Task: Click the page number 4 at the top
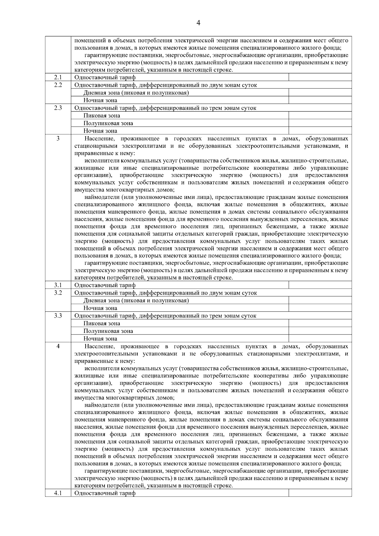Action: [x=198, y=22]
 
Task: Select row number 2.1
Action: [x=58, y=77]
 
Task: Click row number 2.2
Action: [x=58, y=85]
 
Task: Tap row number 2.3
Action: [x=58, y=108]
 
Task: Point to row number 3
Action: [x=58, y=138]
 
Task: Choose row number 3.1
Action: [x=58, y=285]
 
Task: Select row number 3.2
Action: [x=58, y=292]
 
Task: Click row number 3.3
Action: [x=58, y=316]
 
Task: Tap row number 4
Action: [x=58, y=346]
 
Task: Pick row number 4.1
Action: [x=58, y=493]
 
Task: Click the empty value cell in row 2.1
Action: [x=320, y=77]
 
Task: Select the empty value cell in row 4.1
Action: [x=320, y=493]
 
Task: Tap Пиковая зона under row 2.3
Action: [x=102, y=116]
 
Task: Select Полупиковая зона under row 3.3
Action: [x=108, y=331]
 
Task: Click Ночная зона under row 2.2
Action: [x=100, y=100]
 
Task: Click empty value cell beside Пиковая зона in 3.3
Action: [x=320, y=323]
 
